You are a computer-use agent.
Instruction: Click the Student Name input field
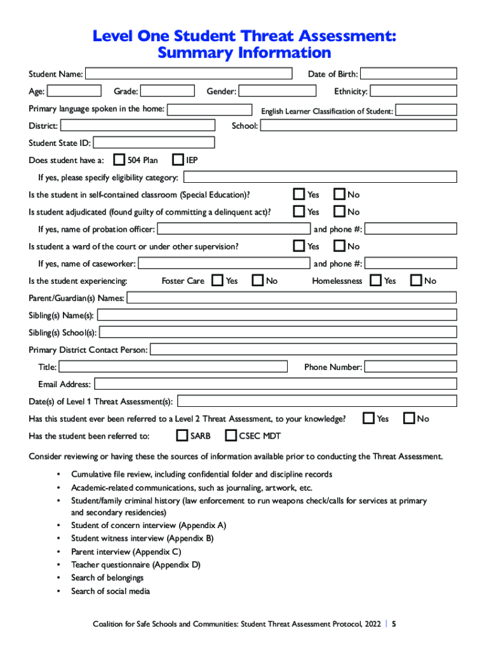point(189,74)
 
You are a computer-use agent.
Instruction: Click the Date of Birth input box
point(409,74)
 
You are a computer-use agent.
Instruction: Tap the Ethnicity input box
point(413,91)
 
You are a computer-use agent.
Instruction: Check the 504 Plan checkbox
point(119,159)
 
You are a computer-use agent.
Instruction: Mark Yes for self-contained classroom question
point(298,194)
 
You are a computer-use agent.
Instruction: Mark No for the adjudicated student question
point(339,211)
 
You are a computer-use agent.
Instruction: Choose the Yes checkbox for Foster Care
point(217,280)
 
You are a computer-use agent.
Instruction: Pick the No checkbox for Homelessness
point(416,280)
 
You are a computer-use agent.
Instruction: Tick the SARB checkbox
point(182,435)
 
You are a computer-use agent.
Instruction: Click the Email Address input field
point(275,384)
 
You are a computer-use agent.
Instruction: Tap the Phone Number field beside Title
point(410,367)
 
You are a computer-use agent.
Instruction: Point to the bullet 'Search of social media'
point(111,591)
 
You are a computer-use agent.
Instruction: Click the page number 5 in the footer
point(394,624)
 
